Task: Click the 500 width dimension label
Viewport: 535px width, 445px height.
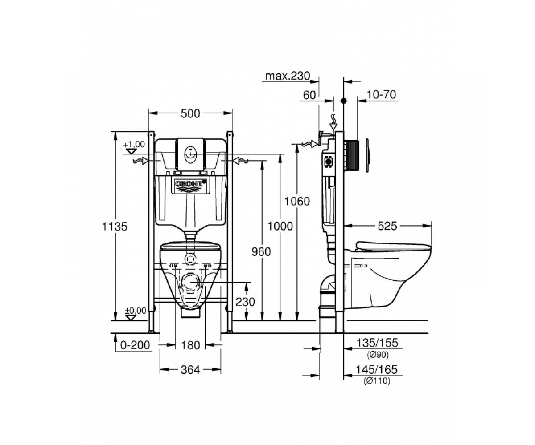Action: (190, 113)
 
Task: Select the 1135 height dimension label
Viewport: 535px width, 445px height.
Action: (115, 227)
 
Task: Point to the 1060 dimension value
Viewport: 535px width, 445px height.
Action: (297, 202)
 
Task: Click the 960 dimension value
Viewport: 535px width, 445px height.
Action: (261, 252)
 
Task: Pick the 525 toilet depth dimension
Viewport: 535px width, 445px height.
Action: (387, 226)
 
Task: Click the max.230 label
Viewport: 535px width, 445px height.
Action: (288, 76)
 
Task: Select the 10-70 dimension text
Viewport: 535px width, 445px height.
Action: (382, 95)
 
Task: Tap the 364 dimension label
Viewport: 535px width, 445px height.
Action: (190, 369)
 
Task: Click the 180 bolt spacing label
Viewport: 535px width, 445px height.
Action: (190, 345)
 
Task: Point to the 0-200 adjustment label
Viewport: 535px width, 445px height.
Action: (135, 345)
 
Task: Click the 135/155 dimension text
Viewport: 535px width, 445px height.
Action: (378, 343)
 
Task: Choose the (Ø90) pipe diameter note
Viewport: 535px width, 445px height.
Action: (378, 355)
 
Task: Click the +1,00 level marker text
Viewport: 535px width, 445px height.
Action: (134, 144)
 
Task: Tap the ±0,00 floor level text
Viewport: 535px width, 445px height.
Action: (136, 311)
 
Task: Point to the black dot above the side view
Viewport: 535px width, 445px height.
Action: (344, 101)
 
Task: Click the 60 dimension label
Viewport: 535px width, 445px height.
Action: (309, 95)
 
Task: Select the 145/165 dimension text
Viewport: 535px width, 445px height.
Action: (377, 369)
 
